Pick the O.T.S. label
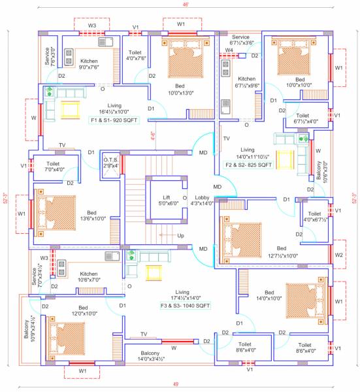pos(110,162)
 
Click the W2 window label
pos(338,254)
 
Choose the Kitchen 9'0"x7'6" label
pos(89,63)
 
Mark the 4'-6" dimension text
pos(154,137)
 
